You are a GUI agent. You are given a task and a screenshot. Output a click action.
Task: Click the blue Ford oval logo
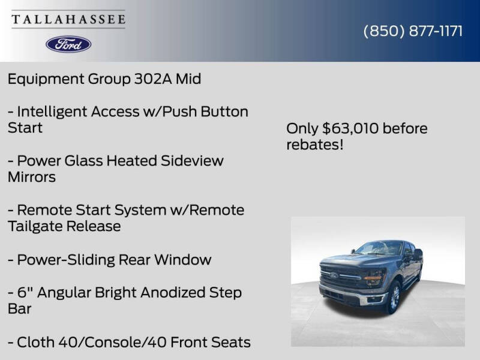pos(68,44)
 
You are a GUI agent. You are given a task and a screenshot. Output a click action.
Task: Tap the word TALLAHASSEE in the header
pos(68,20)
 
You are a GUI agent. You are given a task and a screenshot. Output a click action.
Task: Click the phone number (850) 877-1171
pos(413,31)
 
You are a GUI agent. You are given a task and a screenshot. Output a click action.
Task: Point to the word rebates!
pos(314,145)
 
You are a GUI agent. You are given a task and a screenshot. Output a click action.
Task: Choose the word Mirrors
pos(32,177)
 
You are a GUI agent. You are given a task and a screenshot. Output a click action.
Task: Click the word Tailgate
pos(35,226)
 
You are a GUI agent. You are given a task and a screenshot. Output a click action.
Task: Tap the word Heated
pos(133,161)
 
